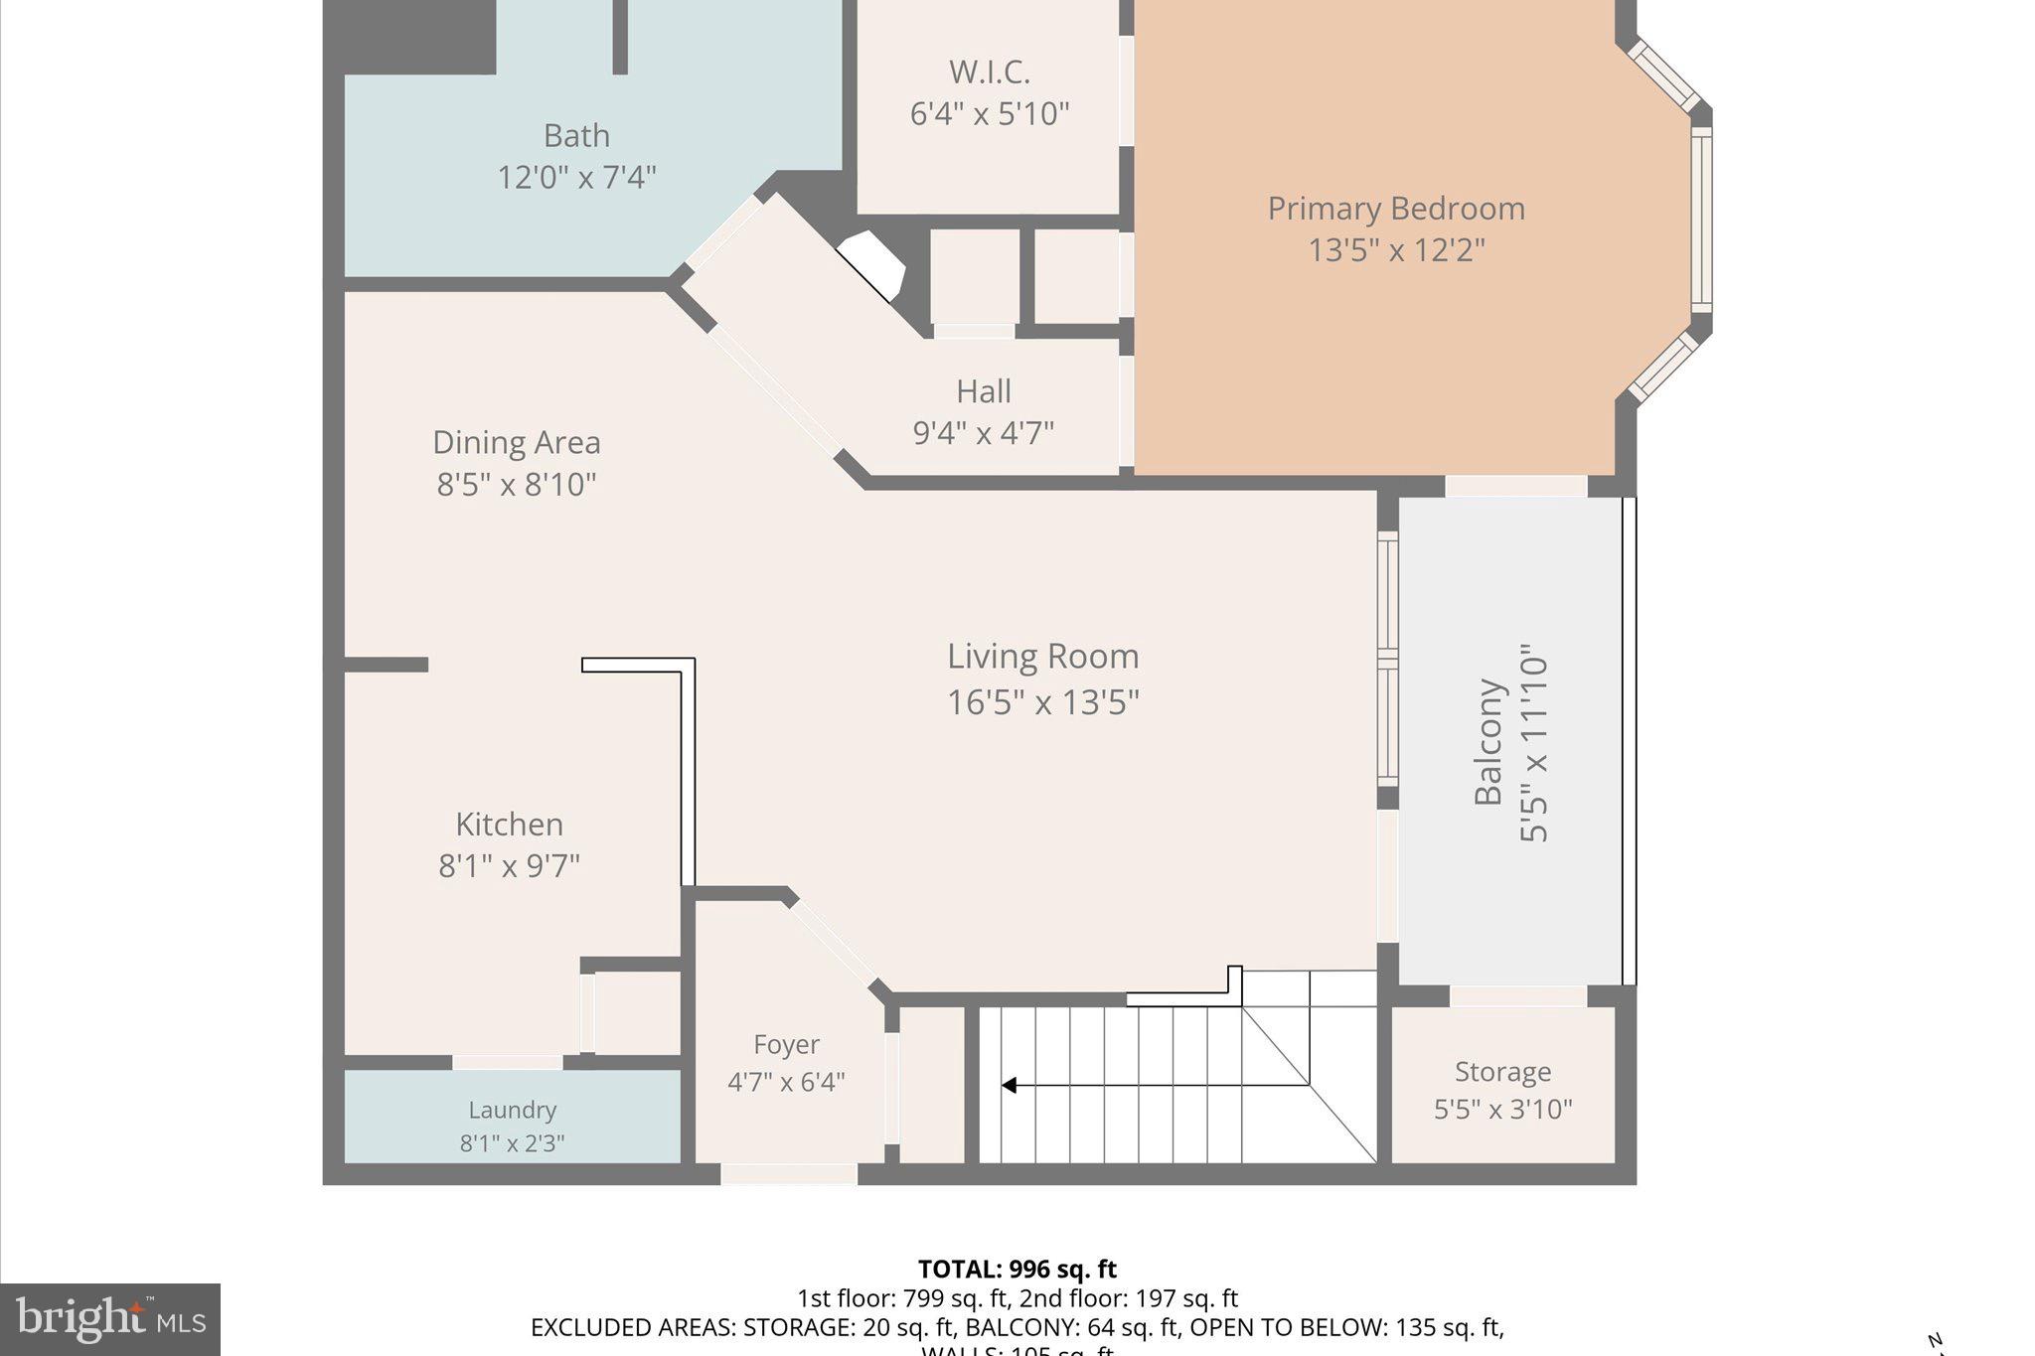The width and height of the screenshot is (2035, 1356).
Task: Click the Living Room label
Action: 1042,657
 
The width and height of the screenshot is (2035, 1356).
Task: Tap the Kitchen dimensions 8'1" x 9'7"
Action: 509,866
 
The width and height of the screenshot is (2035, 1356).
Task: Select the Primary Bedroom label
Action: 1395,209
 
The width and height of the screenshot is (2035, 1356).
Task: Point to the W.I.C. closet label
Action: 989,73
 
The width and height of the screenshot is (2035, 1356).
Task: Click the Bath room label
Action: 576,135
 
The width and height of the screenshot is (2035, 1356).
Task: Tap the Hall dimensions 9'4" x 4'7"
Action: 983,433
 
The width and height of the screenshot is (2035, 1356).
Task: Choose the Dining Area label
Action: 516,442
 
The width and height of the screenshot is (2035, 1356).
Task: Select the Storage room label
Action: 1502,1072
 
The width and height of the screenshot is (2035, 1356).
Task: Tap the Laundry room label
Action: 512,1110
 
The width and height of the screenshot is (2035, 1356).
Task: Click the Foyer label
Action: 786,1045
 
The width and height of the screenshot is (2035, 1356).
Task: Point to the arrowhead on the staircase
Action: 1009,1086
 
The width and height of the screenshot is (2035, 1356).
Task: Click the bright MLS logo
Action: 110,1319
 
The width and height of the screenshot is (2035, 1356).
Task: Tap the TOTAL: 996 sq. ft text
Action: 1017,1270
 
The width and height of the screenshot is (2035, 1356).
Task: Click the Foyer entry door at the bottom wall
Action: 788,1174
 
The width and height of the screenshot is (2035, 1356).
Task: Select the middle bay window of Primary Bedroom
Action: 1701,220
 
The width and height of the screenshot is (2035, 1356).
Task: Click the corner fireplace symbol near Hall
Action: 873,264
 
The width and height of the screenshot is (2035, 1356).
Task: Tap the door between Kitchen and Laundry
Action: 508,1062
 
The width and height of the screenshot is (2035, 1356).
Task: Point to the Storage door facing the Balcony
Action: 1517,996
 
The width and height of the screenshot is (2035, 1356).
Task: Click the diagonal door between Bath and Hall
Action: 724,232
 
